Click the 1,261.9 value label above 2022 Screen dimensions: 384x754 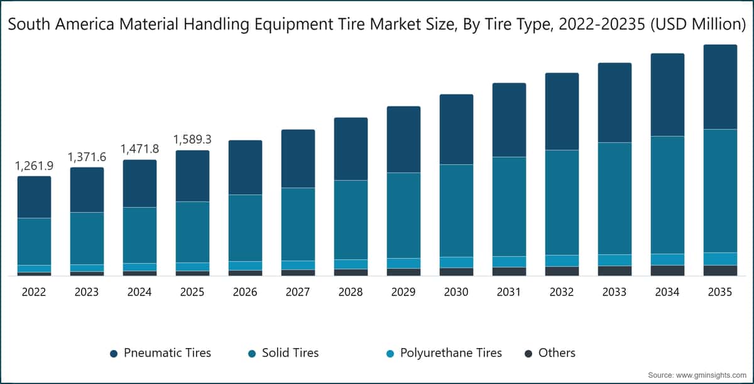[34, 166]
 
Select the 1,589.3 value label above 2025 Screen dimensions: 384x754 [192, 140]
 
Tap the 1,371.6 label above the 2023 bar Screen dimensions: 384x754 [87, 157]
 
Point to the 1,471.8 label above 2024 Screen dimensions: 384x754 [139, 149]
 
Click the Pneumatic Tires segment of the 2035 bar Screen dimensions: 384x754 [720, 87]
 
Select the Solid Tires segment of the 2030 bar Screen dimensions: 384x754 [456, 210]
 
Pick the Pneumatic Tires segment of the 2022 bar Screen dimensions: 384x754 [34, 197]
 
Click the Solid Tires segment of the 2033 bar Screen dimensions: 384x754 [615, 198]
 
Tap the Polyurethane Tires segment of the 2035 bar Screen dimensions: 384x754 [720, 259]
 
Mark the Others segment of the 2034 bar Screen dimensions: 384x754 [667, 271]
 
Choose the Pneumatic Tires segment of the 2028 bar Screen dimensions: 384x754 [351, 149]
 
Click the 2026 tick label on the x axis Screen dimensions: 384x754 [245, 293]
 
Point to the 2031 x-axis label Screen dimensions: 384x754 [509, 293]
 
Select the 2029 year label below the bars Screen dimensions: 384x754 [403, 293]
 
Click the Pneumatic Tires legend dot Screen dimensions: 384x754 [114, 354]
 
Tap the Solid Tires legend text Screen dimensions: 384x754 [290, 353]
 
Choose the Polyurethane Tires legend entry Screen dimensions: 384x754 [444, 353]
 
